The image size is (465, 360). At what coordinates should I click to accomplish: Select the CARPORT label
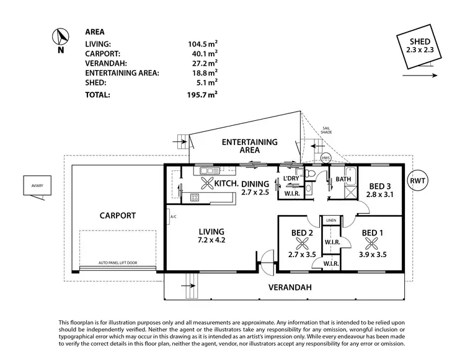point(118,216)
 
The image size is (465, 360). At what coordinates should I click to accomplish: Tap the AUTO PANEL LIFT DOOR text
point(118,263)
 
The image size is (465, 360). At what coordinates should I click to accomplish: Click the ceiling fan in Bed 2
point(303,244)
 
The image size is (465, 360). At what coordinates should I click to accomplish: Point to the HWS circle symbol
point(326,158)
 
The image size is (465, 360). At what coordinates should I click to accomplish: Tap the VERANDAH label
point(288,288)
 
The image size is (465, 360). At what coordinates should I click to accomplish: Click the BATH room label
point(343,180)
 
